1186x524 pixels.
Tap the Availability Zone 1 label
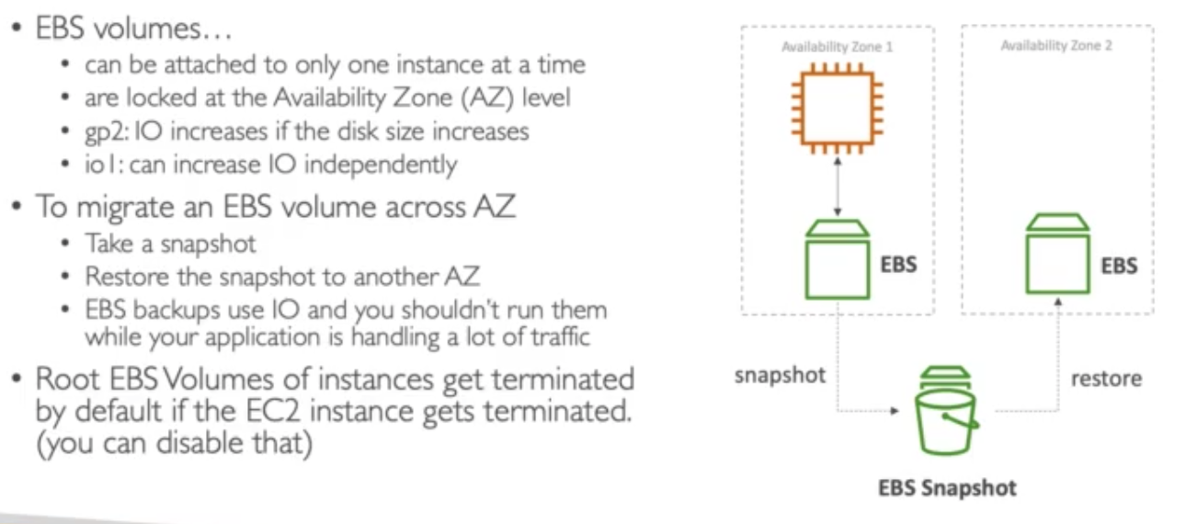pyautogui.click(x=837, y=46)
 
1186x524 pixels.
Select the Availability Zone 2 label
pyautogui.click(x=1056, y=45)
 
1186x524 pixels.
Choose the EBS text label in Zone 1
pyautogui.click(x=898, y=265)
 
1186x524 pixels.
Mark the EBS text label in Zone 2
pyautogui.click(x=1118, y=265)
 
